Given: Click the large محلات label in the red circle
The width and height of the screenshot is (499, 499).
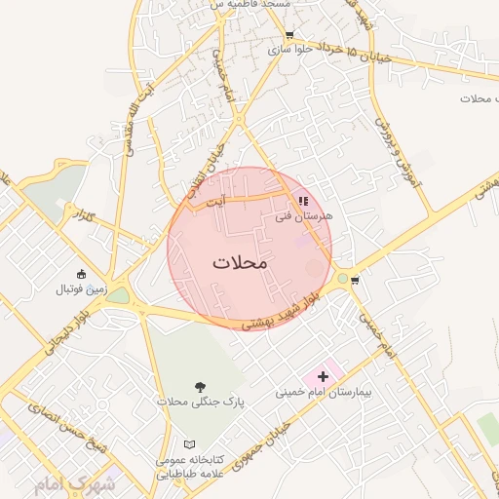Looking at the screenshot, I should coord(239,263).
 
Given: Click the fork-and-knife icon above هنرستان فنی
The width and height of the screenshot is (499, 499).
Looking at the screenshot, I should coord(303,200).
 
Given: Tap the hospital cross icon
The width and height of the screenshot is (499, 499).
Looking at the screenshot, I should coord(323,376).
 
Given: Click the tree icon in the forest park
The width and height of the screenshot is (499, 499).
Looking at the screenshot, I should coord(200,386).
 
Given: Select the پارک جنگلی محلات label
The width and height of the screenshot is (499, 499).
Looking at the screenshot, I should coord(200,402).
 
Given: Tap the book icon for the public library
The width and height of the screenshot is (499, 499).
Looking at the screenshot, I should coord(189,444).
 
